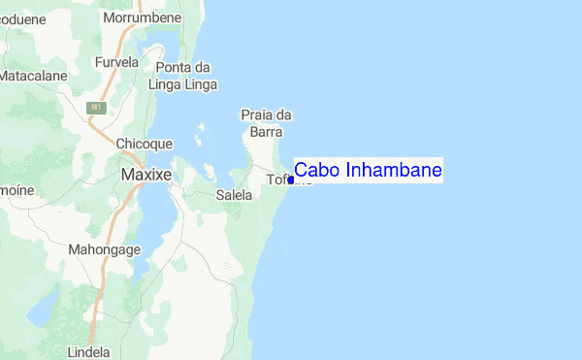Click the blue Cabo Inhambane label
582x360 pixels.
(x=368, y=171)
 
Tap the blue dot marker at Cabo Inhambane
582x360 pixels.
(x=291, y=180)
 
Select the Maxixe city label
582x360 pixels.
(x=145, y=175)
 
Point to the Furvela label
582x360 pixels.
(x=117, y=62)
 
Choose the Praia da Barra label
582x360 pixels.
(x=266, y=123)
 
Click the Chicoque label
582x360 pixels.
(x=144, y=144)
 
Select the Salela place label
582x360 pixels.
(x=234, y=195)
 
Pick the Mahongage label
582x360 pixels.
(x=105, y=249)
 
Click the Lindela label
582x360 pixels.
(x=89, y=352)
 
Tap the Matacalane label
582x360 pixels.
(x=33, y=75)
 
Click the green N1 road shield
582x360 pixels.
(x=96, y=107)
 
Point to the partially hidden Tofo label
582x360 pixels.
(x=279, y=180)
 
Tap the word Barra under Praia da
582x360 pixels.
(x=266, y=132)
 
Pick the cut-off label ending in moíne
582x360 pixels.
(x=16, y=190)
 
